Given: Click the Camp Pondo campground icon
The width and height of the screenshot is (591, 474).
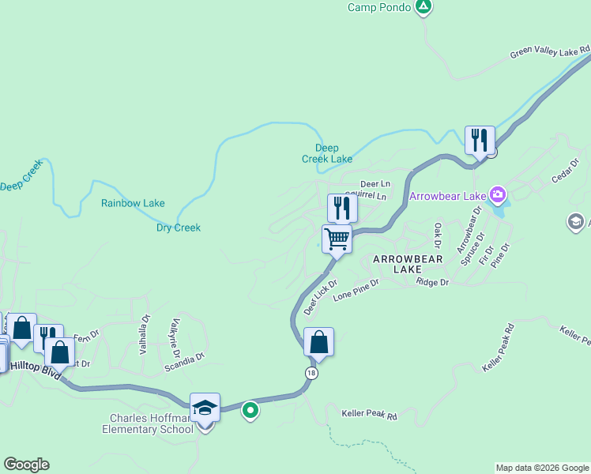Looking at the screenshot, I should (x=424, y=7).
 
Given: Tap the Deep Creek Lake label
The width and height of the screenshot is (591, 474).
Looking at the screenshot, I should (x=327, y=153).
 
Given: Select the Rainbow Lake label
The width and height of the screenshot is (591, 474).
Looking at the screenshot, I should (x=133, y=203).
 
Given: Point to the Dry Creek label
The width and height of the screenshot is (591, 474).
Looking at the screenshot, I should (x=179, y=228).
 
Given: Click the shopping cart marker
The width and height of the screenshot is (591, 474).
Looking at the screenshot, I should (x=337, y=239).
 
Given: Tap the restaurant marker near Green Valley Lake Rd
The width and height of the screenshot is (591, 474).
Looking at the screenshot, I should (x=480, y=141).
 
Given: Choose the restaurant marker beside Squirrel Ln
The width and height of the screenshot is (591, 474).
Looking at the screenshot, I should (x=342, y=209).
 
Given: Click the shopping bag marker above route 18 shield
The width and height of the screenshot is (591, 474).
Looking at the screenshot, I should (x=318, y=342).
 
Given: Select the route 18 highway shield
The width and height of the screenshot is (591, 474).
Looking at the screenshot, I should (x=312, y=372).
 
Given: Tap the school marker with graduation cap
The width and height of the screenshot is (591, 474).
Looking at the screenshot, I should (x=205, y=408).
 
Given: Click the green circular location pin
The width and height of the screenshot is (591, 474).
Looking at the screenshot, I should (x=250, y=410).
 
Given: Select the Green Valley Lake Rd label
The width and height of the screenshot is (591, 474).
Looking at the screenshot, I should (x=550, y=52).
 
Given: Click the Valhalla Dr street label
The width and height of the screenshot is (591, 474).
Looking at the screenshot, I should (x=145, y=335).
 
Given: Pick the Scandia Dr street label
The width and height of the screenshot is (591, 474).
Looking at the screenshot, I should (x=184, y=362).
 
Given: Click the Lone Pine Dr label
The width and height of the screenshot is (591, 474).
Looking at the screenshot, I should (x=356, y=290).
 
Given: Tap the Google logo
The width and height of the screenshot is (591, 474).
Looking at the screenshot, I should (x=26, y=465).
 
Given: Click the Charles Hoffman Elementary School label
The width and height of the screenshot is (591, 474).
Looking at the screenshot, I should (x=147, y=423).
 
